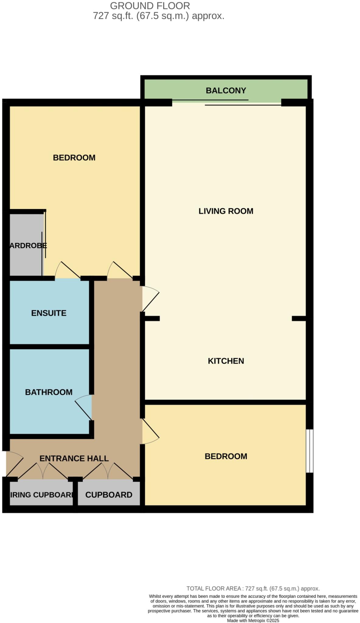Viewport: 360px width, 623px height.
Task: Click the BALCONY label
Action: click(x=225, y=91)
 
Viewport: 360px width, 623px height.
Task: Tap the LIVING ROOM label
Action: click(x=225, y=211)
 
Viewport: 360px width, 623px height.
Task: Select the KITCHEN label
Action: click(x=225, y=361)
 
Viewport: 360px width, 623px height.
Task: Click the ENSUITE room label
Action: click(x=49, y=313)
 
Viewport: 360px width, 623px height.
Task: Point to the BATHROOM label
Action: click(x=49, y=392)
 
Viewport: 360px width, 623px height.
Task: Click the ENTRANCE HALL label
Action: click(x=74, y=458)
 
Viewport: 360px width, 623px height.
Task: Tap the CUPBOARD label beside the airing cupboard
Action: click(x=109, y=495)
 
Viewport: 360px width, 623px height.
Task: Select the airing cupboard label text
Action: click(x=42, y=495)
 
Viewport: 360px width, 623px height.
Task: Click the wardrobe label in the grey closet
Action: click(x=28, y=245)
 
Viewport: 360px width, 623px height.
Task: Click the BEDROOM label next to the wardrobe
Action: click(x=74, y=158)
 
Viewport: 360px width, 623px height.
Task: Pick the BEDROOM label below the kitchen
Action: click(x=225, y=456)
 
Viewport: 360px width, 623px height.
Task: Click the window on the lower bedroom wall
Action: click(x=309, y=451)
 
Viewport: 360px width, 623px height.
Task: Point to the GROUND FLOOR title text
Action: click(x=150, y=6)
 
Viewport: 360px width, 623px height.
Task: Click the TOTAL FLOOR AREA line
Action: click(x=253, y=589)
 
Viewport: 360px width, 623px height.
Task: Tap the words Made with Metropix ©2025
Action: click(x=253, y=621)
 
